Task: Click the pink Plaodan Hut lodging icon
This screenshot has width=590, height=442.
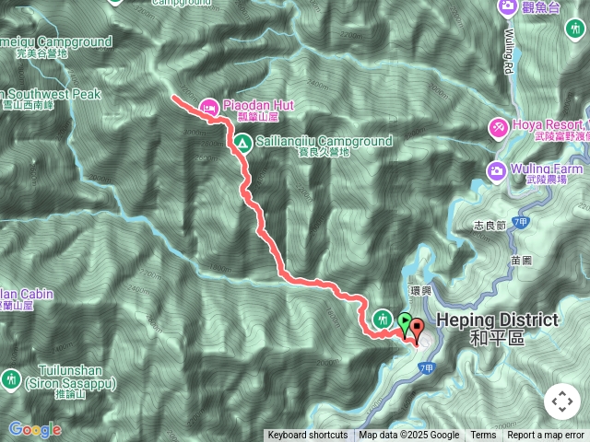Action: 209,107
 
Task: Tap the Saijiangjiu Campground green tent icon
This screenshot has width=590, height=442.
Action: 242,143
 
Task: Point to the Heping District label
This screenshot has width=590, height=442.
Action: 498,320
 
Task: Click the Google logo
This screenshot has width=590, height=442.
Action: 35,429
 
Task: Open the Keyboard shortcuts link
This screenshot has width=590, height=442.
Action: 308,436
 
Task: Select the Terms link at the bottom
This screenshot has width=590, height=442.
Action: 483,436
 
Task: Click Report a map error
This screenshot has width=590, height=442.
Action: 546,436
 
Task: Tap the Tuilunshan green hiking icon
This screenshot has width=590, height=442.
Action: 11,378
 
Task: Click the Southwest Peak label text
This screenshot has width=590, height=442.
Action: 51,94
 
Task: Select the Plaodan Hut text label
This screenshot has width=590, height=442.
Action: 258,105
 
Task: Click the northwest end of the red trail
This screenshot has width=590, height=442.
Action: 173,96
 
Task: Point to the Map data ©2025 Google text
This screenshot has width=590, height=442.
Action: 409,436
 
